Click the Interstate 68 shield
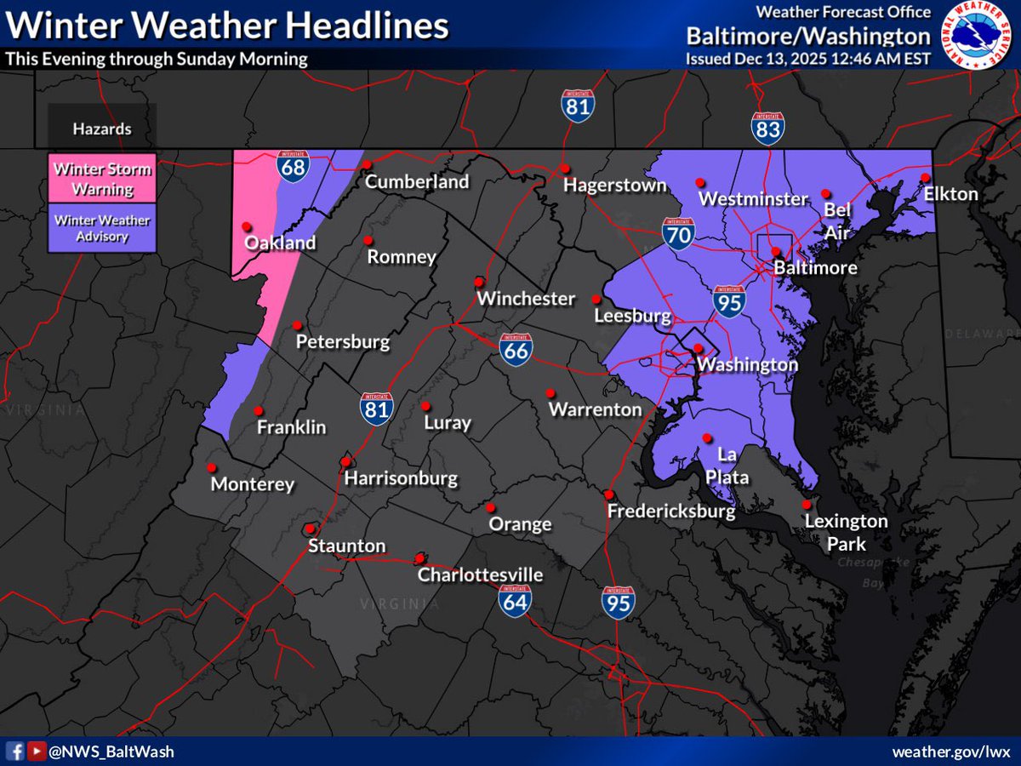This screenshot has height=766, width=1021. (x=293, y=165)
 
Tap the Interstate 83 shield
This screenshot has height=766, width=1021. (x=767, y=127)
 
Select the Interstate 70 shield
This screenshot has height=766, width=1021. (x=678, y=232)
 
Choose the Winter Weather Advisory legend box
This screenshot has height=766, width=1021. (x=102, y=228)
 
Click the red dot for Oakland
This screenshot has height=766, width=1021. (x=246, y=226)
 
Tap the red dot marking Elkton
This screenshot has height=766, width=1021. (x=926, y=177)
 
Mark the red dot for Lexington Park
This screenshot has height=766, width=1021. (x=807, y=504)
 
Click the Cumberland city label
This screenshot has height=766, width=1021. (x=417, y=182)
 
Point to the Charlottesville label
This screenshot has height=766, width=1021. (x=480, y=575)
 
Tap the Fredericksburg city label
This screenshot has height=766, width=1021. (x=670, y=512)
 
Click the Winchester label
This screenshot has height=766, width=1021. (x=526, y=299)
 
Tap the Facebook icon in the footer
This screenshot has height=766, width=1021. (x=15, y=751)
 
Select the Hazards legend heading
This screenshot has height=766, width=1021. (x=102, y=129)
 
